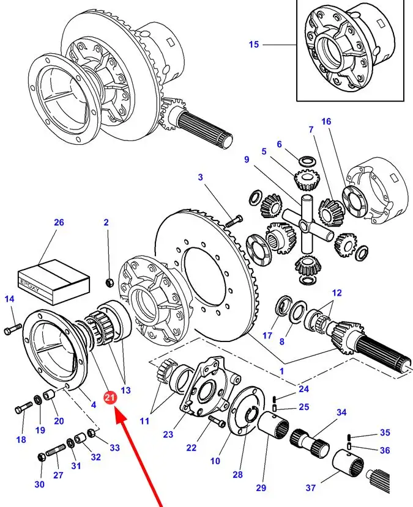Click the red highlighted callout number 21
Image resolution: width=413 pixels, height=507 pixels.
tap(110, 398)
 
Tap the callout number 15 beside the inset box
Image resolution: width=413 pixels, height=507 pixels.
tap(254, 45)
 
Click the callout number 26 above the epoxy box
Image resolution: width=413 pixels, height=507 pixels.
tap(59, 222)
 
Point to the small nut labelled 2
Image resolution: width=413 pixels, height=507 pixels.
tap(109, 282)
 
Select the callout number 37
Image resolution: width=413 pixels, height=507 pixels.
tap(311, 487)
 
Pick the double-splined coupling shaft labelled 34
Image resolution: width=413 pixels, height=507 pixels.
tap(310, 442)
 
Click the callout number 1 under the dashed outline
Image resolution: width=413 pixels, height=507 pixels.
tap(281, 371)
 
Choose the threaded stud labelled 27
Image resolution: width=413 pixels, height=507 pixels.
tap(56, 450)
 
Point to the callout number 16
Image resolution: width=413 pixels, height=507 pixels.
tap(326, 122)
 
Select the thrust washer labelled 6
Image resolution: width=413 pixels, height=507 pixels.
tap(306, 161)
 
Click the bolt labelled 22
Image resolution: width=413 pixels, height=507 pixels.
tap(217, 421)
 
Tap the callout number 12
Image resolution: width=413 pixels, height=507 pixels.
tap(337, 293)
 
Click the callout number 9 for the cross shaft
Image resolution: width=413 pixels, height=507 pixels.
tap(247, 159)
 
